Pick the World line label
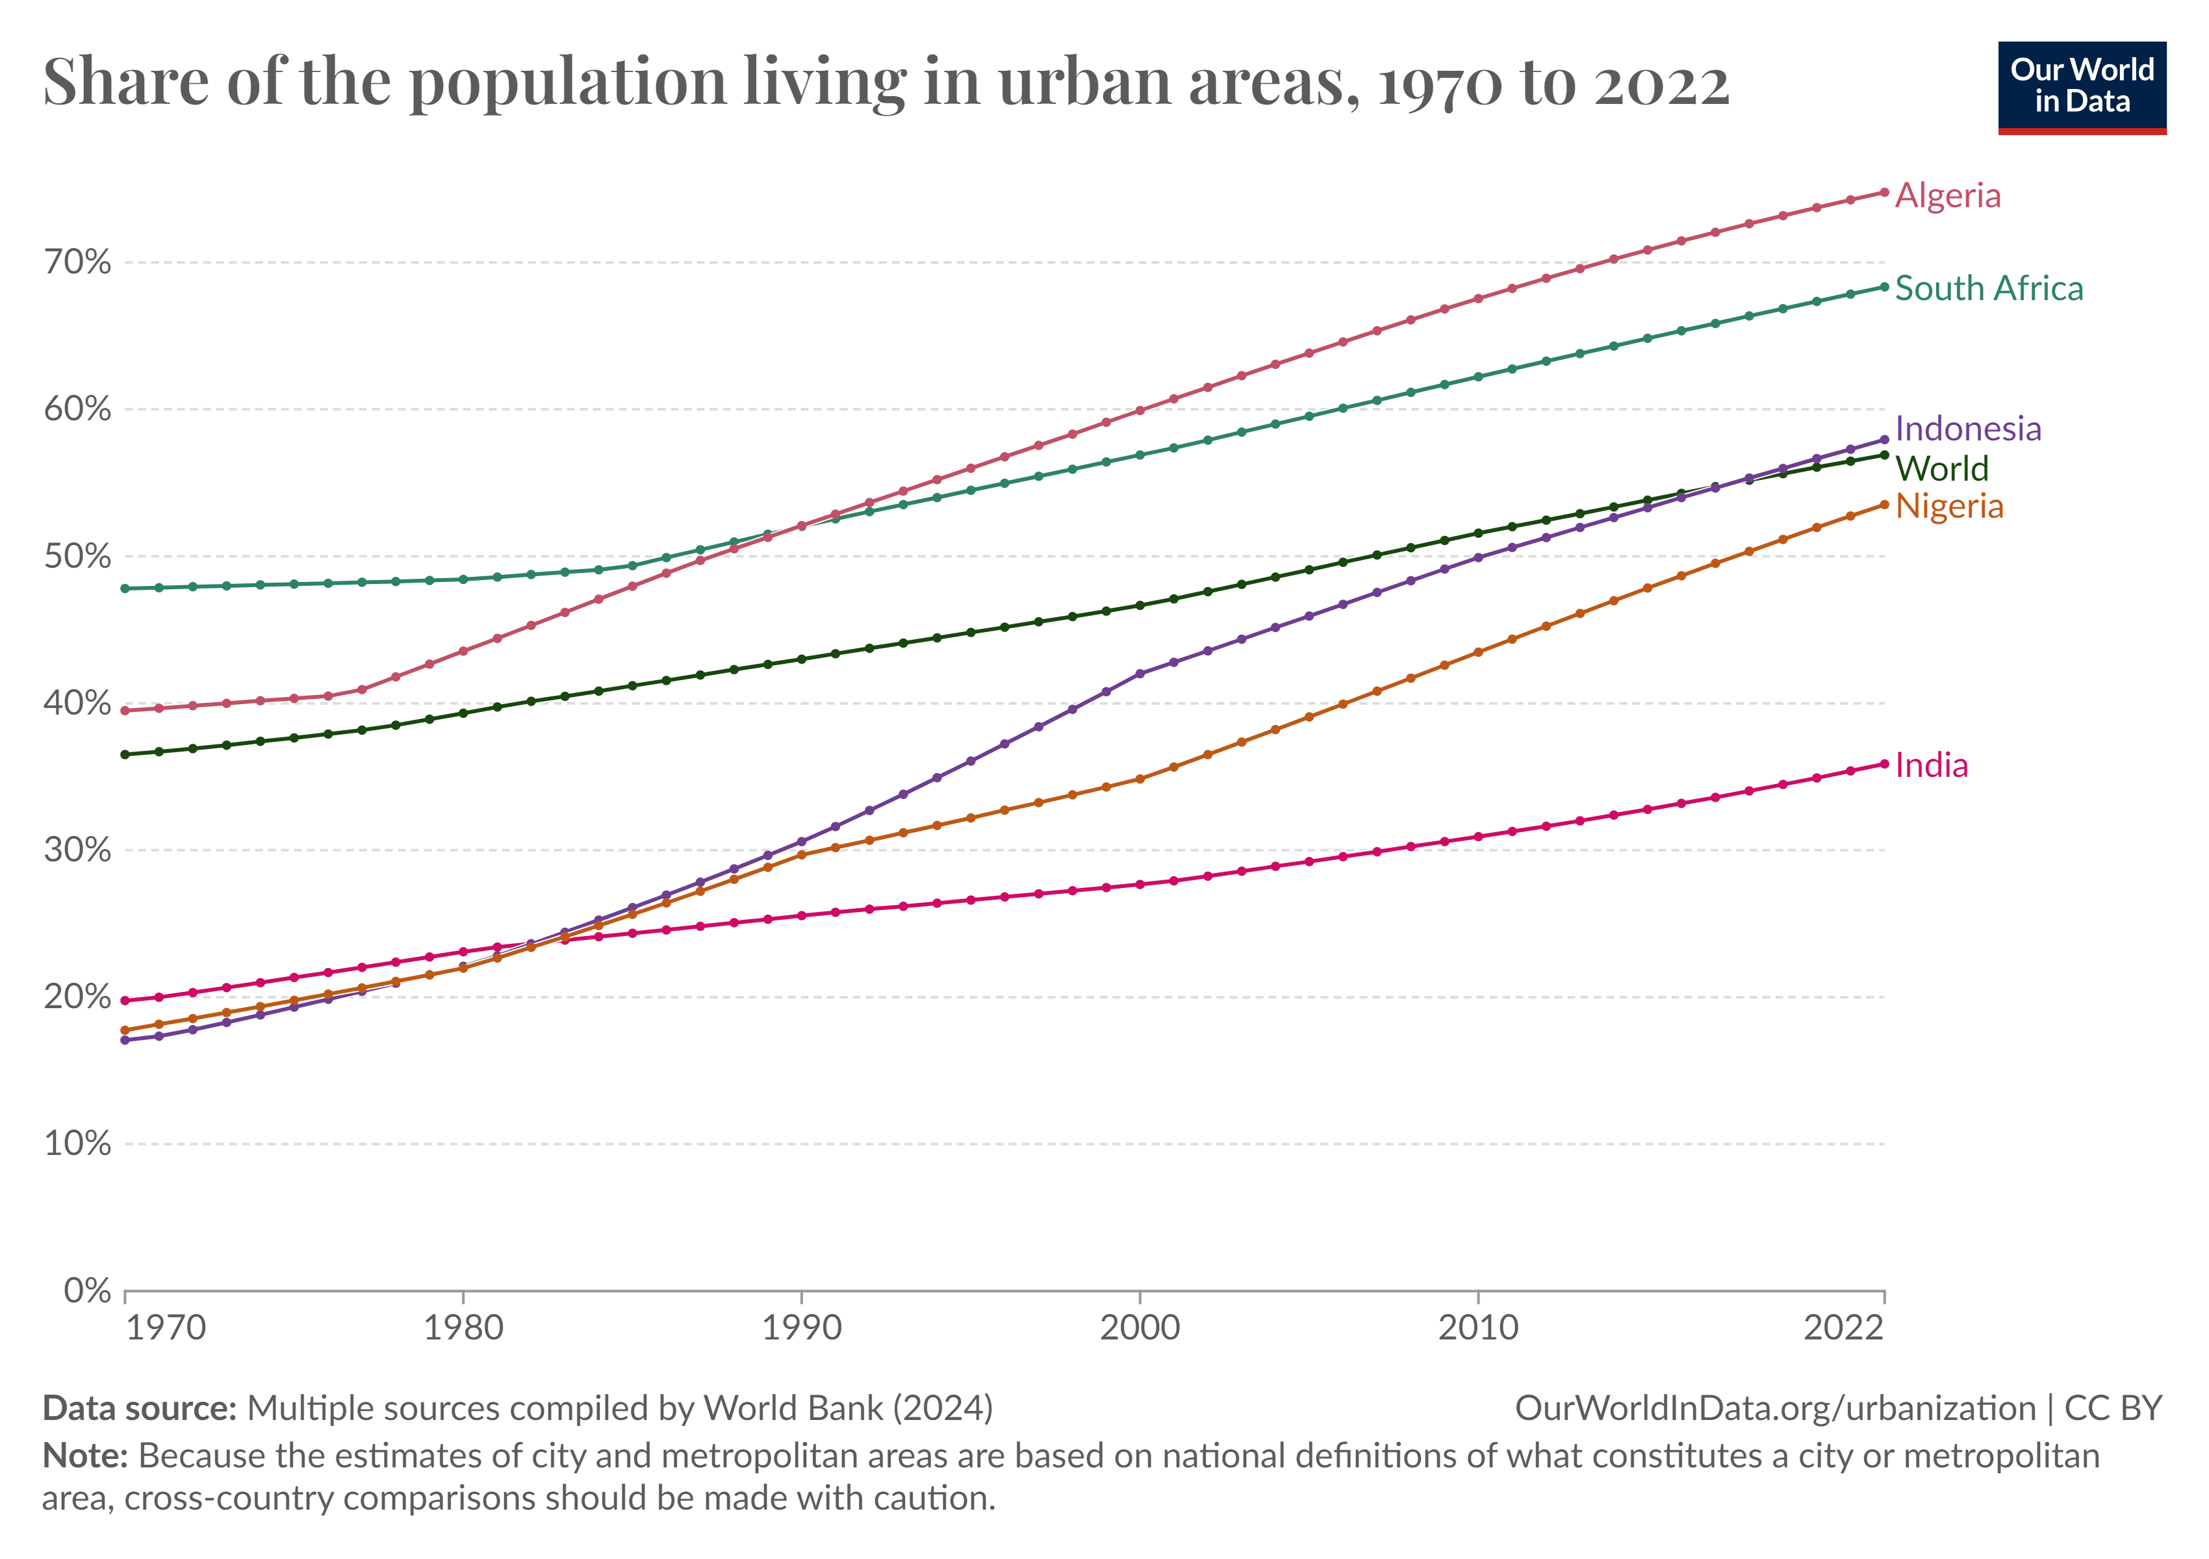point(1941,468)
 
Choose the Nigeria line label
point(1948,507)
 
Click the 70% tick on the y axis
point(77,262)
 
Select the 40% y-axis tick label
point(77,703)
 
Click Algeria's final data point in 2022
point(1883,192)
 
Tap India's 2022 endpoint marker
point(1883,765)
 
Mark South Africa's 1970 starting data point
point(125,589)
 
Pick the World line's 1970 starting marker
point(125,755)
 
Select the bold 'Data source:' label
point(140,1408)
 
